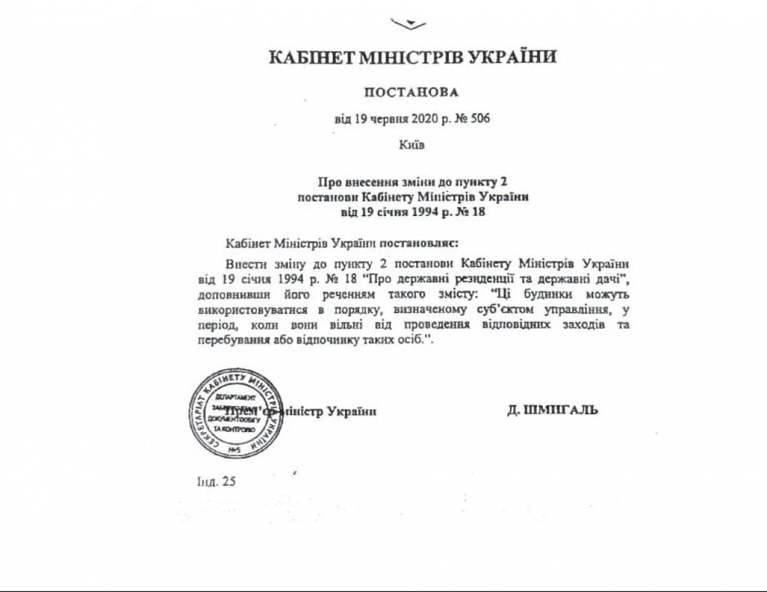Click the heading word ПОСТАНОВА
pyautogui.click(x=412, y=92)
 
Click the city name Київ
pyautogui.click(x=412, y=144)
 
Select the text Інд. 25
pyautogui.click(x=217, y=481)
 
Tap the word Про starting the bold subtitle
pyautogui.click(x=327, y=182)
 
